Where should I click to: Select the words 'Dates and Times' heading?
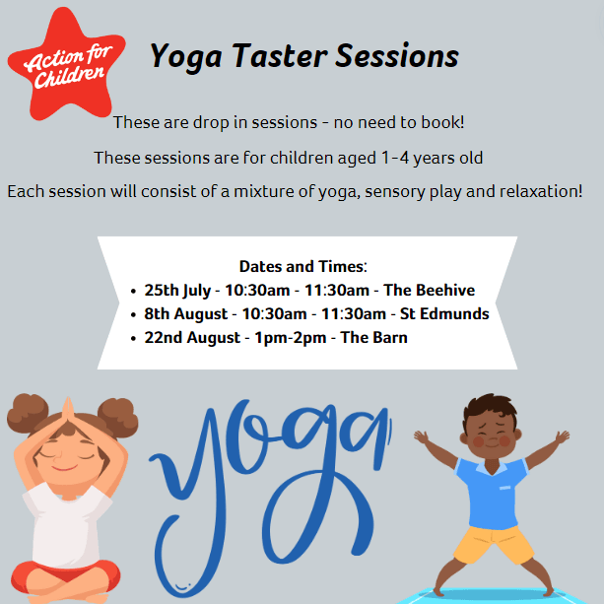[x=302, y=266]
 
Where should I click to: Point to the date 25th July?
[x=176, y=290]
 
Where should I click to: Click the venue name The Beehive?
[x=429, y=290]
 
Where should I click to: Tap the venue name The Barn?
[x=373, y=338]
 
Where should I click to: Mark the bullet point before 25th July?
[x=133, y=292]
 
